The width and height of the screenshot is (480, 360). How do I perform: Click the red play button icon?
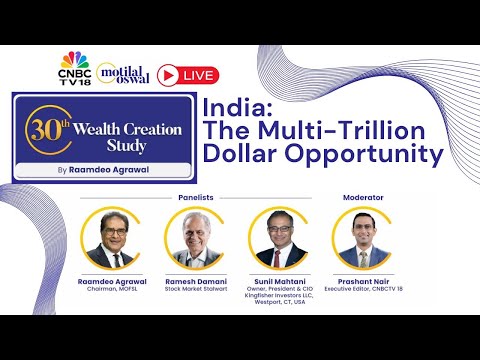[170, 74]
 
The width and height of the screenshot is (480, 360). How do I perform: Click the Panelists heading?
[196, 197]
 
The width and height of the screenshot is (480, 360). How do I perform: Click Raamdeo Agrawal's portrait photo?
[112, 241]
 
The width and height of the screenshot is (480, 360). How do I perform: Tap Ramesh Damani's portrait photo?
[195, 241]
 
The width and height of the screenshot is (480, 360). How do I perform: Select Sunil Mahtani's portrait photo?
[280, 241]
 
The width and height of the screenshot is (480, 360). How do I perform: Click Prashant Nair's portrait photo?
[363, 241]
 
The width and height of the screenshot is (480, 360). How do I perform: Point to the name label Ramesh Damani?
[195, 284]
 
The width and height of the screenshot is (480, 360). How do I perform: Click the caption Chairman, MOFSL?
[112, 292]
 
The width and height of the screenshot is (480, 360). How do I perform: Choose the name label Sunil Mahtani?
[280, 284]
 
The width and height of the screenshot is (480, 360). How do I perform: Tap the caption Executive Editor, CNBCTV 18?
[363, 292]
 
